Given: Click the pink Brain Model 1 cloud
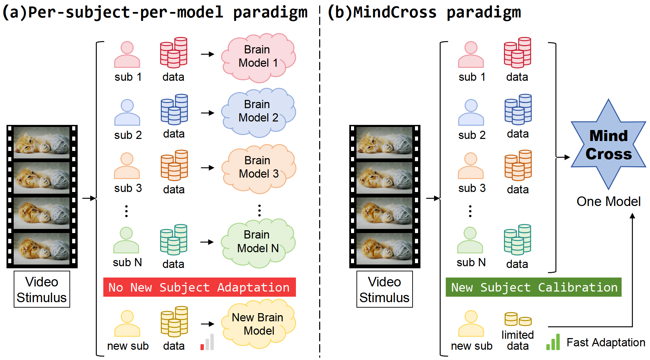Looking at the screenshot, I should tap(258, 57).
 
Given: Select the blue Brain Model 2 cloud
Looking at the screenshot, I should tap(258, 112).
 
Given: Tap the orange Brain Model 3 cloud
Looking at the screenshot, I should tap(259, 168).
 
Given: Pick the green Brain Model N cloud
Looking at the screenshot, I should tap(258, 242).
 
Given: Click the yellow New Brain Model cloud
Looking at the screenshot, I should tap(258, 324).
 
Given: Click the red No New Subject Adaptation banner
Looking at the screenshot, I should tap(199, 287).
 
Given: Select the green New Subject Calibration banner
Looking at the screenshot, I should tap(533, 287).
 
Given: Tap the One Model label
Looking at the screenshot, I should tap(608, 202).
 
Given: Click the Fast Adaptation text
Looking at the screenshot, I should tap(606, 342).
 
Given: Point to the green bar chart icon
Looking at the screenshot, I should tap(553, 342).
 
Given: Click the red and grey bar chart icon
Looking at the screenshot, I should tap(207, 342).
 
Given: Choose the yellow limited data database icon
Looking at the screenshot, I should tap(518, 319).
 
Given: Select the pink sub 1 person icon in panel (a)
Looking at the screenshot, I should tap(127, 55).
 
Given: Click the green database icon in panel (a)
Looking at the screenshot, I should tap(174, 240).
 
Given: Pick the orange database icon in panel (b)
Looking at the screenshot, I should tap(518, 165).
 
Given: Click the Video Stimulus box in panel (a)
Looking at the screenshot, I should tap(42, 290).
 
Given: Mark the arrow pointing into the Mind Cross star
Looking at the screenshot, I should tap(563, 157).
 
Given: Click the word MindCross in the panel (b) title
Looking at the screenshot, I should tap(395, 12).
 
